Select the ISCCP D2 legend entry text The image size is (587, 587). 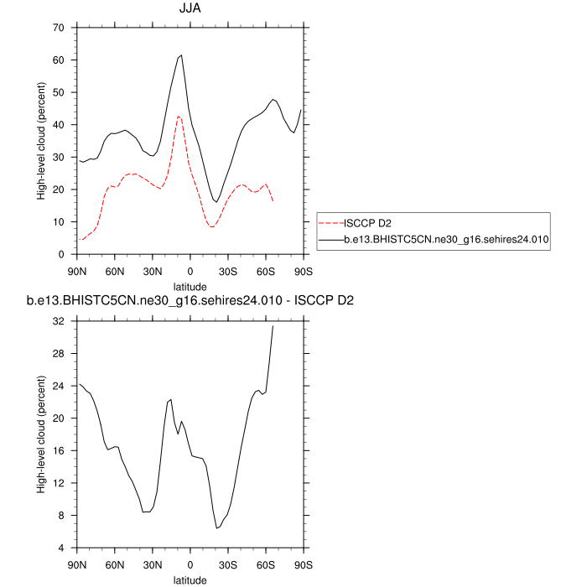click(368, 223)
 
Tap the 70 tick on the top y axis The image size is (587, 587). click(59, 28)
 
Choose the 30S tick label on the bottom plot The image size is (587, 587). click(228, 565)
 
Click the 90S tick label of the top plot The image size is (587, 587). click(303, 272)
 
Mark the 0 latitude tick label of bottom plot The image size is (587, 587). click(190, 565)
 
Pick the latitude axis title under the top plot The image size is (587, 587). click(190, 287)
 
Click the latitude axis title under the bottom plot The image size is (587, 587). click(190, 579)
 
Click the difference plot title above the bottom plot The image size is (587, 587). click(190, 300)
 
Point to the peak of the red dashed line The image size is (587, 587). click(179, 116)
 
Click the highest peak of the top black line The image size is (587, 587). click(181, 55)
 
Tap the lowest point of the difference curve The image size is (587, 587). click(216, 528)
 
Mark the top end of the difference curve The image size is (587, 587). click(273, 325)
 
